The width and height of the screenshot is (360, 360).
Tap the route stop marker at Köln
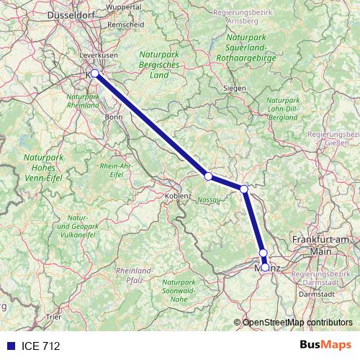(94, 73)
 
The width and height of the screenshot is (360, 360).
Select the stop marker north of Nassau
(208, 176)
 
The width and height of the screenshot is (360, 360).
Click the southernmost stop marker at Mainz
(266, 267)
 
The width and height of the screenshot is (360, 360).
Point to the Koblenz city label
(177, 195)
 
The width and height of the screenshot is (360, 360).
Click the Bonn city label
(114, 116)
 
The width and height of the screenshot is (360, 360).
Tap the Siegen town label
(235, 89)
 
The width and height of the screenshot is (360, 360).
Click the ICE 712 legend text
(41, 346)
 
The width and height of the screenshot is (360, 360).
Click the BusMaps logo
(325, 346)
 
